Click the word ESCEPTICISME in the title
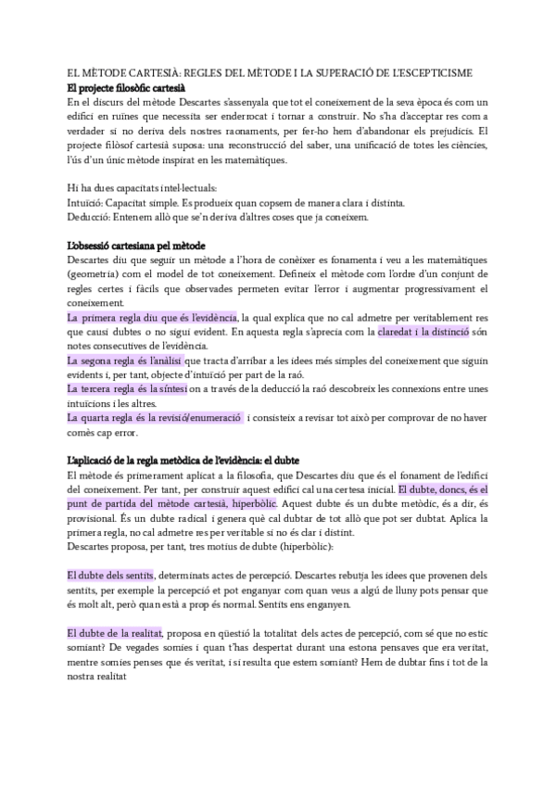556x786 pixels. click(x=440, y=73)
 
